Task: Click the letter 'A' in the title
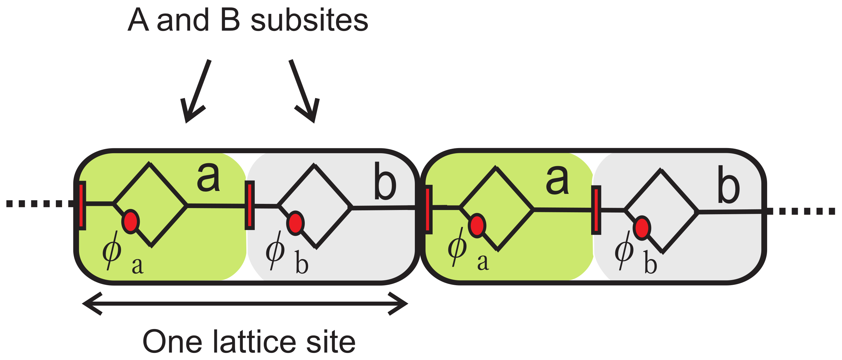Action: pyautogui.click(x=138, y=20)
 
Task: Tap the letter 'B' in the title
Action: pyautogui.click(x=231, y=20)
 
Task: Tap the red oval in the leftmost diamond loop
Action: pyautogui.click(x=130, y=222)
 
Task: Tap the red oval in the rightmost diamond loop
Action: pyautogui.click(x=642, y=228)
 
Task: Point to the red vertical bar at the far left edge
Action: pyautogui.click(x=82, y=205)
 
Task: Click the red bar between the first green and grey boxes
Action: pyautogui.click(x=250, y=205)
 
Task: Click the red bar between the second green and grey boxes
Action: pyautogui.click(x=596, y=210)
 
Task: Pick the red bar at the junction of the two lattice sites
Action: pyautogui.click(x=428, y=209)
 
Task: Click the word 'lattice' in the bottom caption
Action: pyautogui.click(x=255, y=342)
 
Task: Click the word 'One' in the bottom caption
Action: pyautogui.click(x=172, y=342)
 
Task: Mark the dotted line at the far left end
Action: pyautogui.click(x=39, y=204)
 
